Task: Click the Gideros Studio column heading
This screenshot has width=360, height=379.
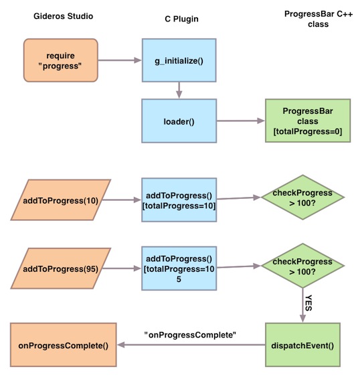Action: tap(64, 16)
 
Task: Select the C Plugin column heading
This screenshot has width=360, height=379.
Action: tap(181, 19)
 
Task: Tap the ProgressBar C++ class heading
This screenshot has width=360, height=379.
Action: tap(319, 19)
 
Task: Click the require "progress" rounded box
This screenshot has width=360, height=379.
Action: tap(61, 60)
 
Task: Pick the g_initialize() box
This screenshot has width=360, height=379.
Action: tap(179, 60)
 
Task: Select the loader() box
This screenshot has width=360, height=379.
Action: tap(179, 121)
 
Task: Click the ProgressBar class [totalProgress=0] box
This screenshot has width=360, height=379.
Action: tap(308, 121)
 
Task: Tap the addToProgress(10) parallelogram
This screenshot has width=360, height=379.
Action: tap(61, 200)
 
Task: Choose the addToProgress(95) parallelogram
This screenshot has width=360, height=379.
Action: tap(61, 269)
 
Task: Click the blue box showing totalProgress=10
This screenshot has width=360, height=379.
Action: tap(179, 200)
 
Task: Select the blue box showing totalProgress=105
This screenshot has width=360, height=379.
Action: tap(179, 269)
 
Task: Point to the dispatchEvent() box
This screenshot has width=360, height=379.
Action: tap(302, 345)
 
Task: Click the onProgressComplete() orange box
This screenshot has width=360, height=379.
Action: tap(64, 345)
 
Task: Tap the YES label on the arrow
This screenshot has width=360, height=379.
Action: tap(308, 303)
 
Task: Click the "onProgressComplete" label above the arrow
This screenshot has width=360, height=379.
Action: tap(190, 335)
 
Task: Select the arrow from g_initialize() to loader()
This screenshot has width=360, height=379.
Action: tap(179, 90)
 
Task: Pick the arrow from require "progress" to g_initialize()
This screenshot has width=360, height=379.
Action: tap(120, 60)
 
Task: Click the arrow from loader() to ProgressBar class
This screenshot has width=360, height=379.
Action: tap(241, 121)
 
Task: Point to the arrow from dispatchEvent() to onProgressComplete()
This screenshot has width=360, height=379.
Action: tap(191, 345)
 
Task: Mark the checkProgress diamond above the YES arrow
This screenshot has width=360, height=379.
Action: tap(302, 266)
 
